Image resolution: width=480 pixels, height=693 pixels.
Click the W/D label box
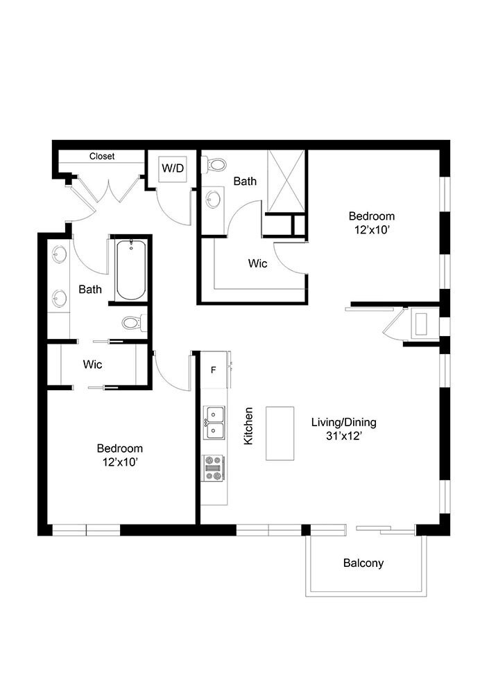click(x=173, y=168)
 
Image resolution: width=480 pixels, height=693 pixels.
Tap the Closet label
click(x=102, y=156)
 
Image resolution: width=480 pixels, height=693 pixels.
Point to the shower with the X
click(x=286, y=182)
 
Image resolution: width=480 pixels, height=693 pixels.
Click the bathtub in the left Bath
click(x=131, y=270)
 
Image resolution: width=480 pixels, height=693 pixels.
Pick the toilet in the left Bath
click(x=134, y=323)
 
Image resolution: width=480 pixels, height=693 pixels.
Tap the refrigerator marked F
click(x=214, y=370)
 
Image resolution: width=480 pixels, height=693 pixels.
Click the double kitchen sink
click(x=214, y=423)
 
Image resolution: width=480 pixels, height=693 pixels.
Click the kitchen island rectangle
click(x=280, y=434)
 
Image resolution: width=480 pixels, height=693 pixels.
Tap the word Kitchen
click(x=248, y=426)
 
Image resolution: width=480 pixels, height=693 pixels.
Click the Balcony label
click(x=363, y=563)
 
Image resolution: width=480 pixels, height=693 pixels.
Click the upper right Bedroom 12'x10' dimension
click(x=372, y=230)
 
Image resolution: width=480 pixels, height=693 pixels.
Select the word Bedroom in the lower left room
click(x=120, y=448)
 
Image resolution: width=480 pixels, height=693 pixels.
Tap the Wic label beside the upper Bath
click(x=257, y=263)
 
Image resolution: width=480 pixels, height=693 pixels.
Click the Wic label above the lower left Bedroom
click(x=92, y=365)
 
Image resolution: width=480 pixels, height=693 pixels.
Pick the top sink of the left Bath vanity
click(x=59, y=254)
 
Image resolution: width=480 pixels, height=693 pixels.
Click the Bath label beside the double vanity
click(x=90, y=290)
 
